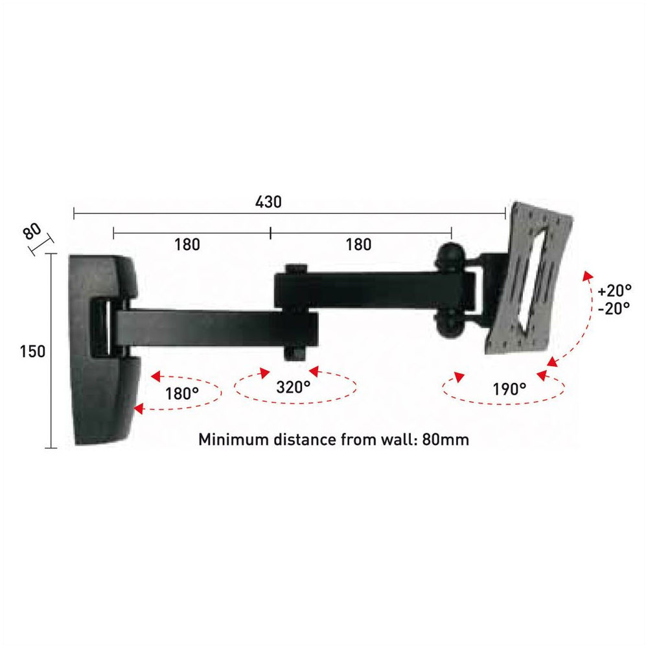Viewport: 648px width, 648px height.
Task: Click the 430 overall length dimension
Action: tap(268, 202)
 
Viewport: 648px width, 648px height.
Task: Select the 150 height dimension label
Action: tap(32, 352)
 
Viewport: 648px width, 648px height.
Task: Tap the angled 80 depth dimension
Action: tap(32, 231)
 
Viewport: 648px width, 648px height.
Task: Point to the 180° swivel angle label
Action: tap(182, 393)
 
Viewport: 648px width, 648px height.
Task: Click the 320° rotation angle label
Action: tap(293, 388)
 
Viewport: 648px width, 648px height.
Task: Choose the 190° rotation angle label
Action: tap(509, 389)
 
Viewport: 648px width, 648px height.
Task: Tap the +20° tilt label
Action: tap(614, 291)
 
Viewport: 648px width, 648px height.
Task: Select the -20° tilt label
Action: tap(614, 308)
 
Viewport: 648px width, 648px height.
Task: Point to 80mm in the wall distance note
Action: tap(446, 439)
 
